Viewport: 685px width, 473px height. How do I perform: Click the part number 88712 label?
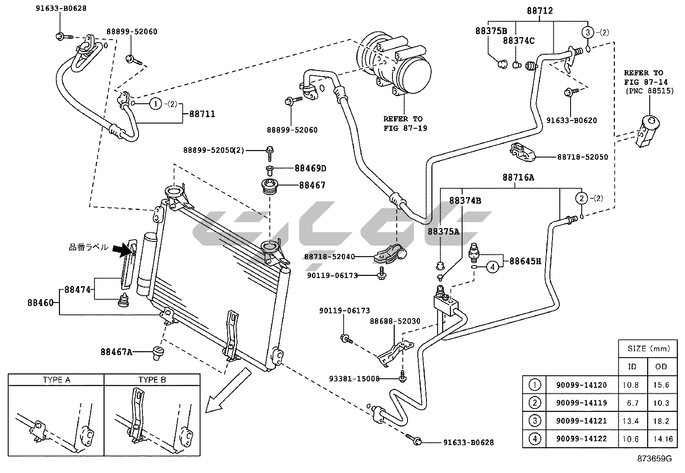point(540,11)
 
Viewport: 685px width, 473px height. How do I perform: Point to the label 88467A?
point(116,352)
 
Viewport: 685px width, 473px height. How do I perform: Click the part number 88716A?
point(518,177)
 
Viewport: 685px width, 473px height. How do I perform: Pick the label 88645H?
point(525,261)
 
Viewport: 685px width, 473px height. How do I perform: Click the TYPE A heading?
point(56,380)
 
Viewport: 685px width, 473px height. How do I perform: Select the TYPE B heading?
point(152,380)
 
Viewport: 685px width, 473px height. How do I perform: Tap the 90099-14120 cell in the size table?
point(581,385)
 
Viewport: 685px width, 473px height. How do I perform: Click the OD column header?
point(661,366)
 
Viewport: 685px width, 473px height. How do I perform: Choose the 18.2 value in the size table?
point(661,421)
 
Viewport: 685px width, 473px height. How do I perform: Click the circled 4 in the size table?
point(534,439)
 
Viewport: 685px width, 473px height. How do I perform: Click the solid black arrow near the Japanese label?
point(123,248)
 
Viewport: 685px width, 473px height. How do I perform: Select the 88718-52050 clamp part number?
point(583,157)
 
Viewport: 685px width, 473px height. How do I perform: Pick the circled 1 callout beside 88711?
point(156,104)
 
